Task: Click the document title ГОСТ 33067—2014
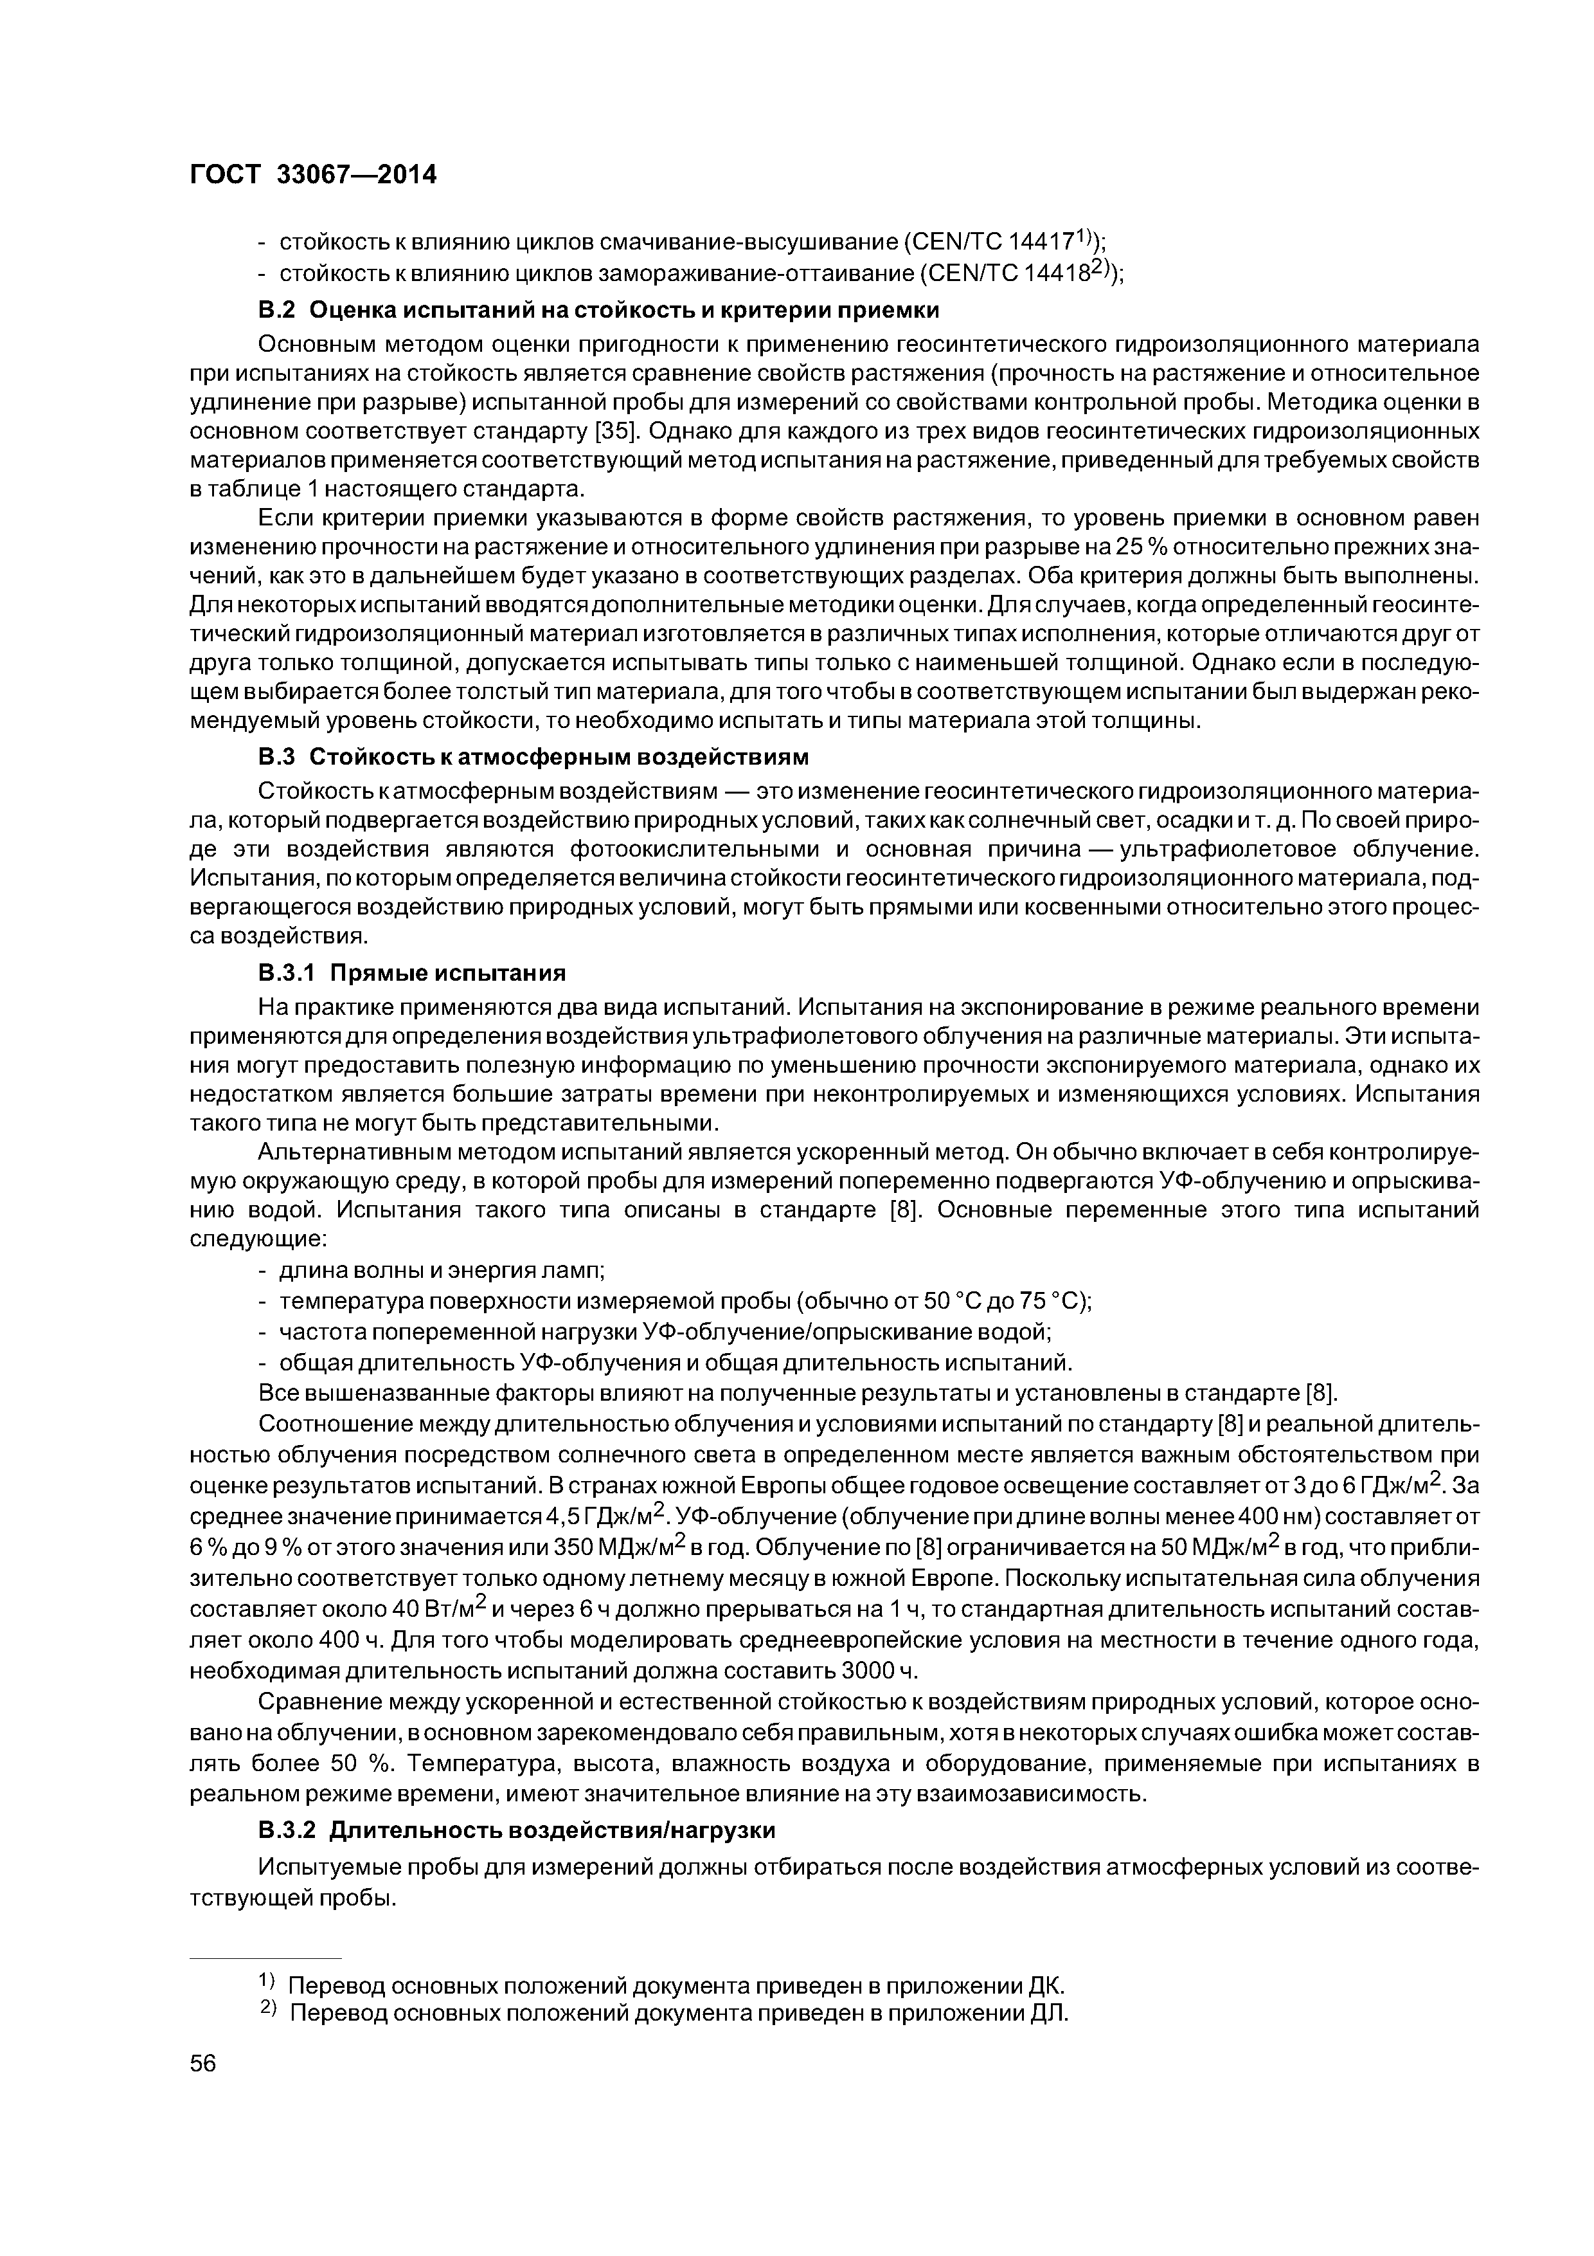tap(312, 174)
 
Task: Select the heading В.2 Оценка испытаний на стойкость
tap(598, 311)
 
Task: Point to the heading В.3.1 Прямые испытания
tap(413, 973)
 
